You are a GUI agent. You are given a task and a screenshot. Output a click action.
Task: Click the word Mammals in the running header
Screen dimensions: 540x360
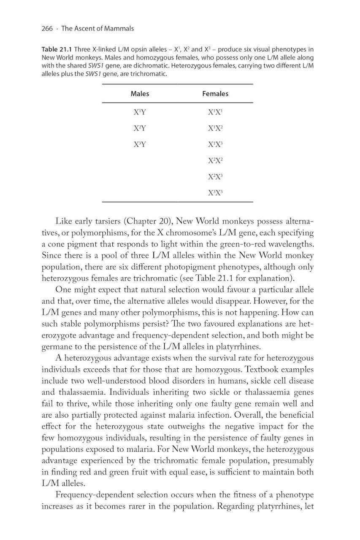(119, 29)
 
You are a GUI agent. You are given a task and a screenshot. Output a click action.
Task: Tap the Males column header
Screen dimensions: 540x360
(140, 94)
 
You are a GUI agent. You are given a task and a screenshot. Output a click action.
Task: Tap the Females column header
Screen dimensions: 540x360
(215, 94)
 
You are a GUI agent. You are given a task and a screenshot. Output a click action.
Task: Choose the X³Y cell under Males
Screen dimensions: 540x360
(140, 144)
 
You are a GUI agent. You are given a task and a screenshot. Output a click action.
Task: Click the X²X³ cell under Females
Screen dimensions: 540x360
(215, 176)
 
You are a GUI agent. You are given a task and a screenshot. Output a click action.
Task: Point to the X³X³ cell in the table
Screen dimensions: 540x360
(215, 192)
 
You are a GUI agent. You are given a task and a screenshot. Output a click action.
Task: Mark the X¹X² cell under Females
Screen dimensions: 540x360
(215, 128)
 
